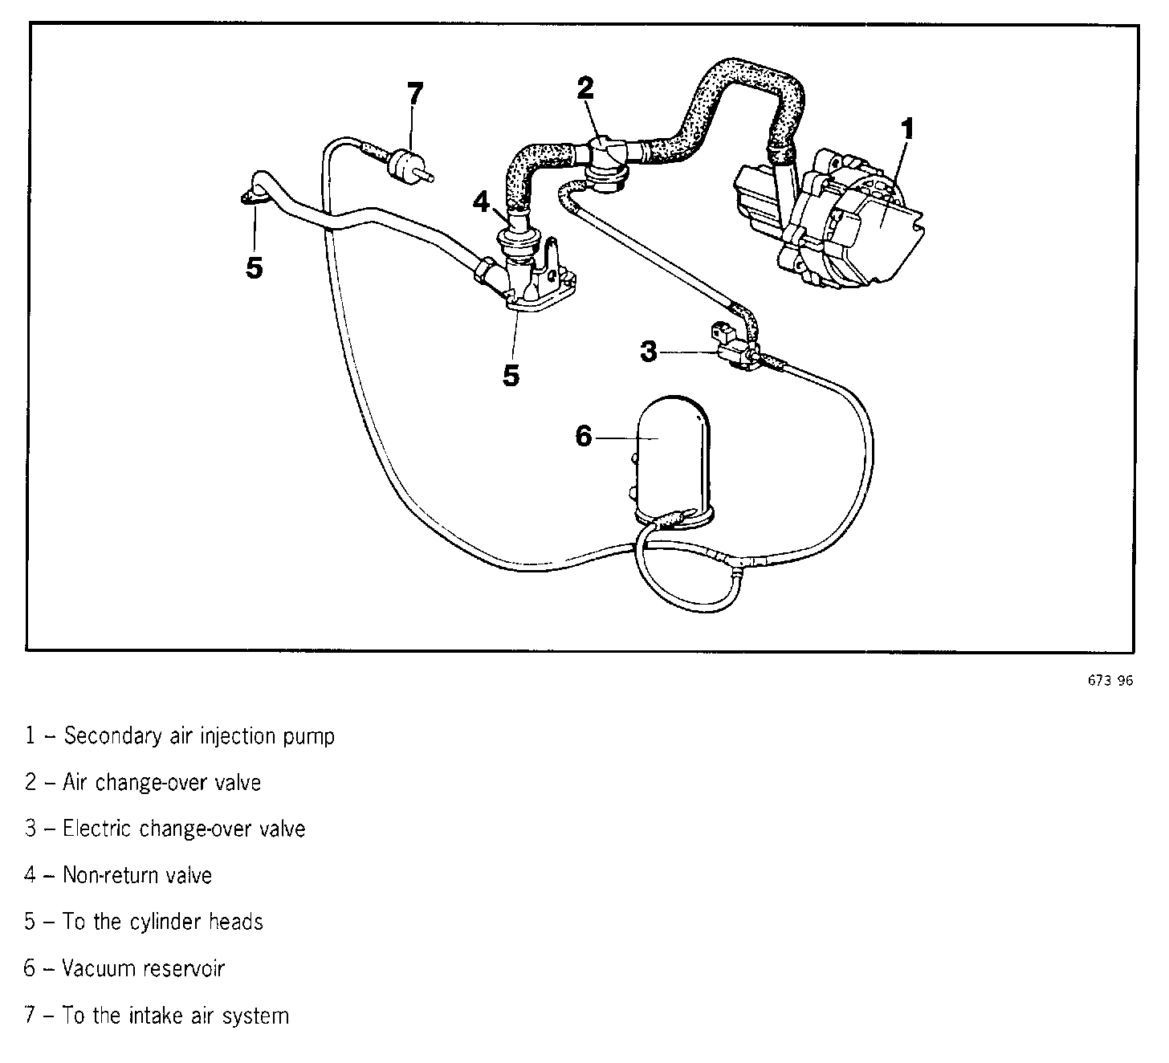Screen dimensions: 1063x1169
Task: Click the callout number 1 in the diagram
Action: [906, 129]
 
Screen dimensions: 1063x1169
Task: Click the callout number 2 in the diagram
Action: [585, 88]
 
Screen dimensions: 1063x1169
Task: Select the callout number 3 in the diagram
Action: [649, 351]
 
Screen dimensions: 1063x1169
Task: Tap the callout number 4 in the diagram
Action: [481, 202]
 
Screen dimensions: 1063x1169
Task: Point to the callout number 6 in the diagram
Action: [584, 437]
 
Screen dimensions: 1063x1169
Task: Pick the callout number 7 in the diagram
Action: [413, 95]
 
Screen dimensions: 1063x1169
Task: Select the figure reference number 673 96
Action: [1110, 681]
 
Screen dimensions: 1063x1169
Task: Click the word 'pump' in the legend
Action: [309, 736]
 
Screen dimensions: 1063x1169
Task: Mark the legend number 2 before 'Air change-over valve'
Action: [31, 783]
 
